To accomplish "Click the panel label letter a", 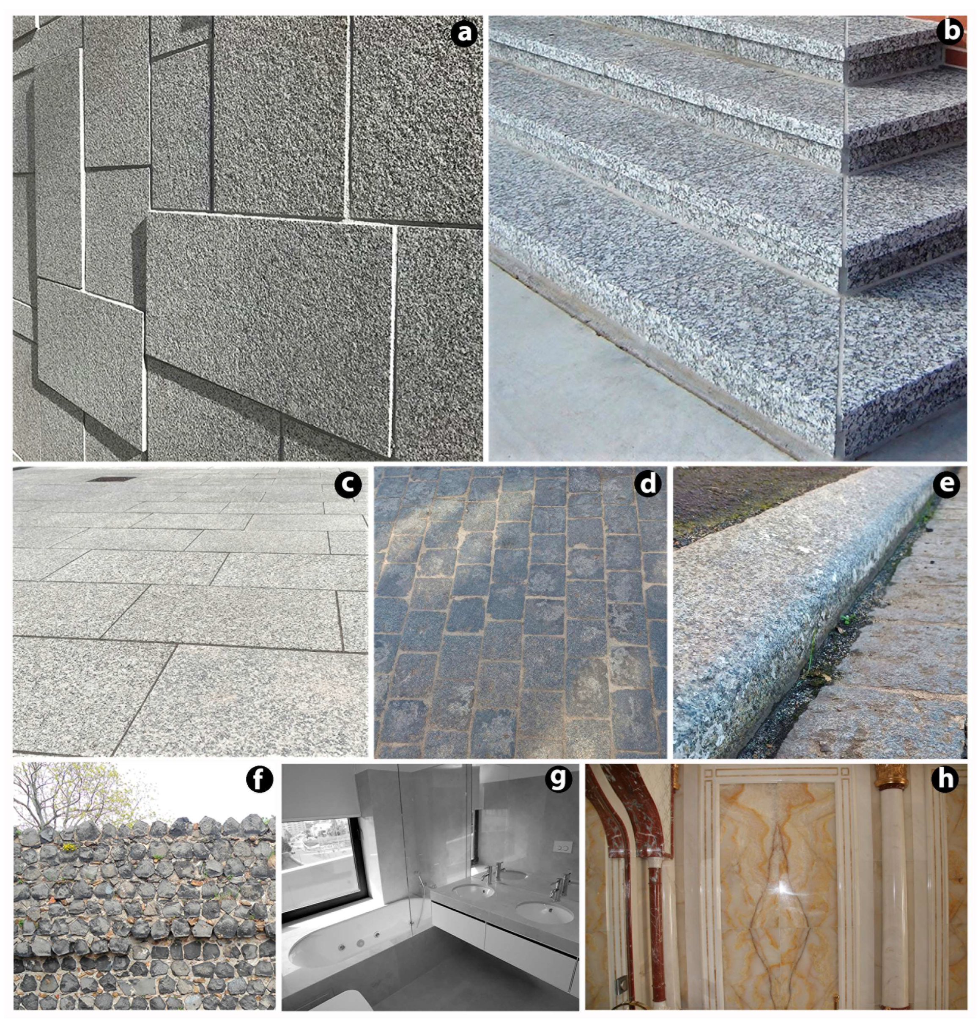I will coord(463,33).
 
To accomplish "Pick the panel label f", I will coord(259,779).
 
